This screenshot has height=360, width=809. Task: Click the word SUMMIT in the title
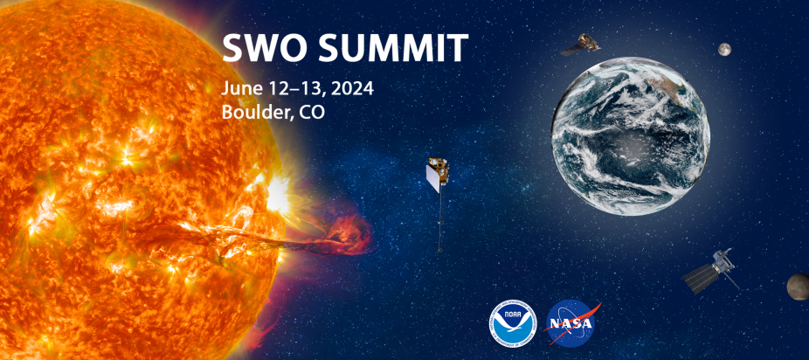(392, 47)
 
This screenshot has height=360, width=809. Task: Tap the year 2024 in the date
(352, 89)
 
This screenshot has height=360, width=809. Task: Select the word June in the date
(238, 89)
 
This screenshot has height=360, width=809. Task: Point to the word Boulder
(252, 112)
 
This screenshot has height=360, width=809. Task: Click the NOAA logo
(513, 323)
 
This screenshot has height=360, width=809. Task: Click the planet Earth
(631, 135)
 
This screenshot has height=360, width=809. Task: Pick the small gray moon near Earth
(724, 50)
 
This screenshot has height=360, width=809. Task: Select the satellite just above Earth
(581, 45)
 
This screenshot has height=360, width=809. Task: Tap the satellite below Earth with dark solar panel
(710, 271)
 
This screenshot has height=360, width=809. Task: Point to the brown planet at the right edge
(799, 287)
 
